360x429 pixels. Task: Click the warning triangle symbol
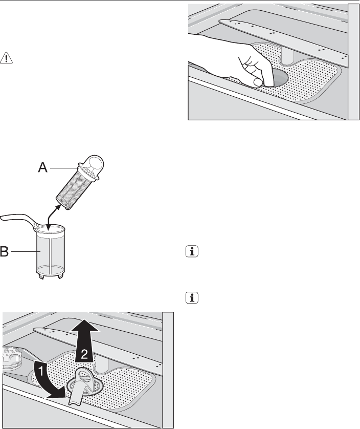click(6, 58)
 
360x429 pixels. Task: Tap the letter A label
click(42, 167)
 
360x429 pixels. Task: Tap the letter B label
click(4, 251)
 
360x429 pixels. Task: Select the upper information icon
click(192, 251)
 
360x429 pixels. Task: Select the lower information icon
click(192, 297)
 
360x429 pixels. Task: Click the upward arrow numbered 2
click(85, 340)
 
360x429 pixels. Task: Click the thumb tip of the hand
click(258, 82)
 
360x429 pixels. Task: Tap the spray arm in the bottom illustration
click(98, 347)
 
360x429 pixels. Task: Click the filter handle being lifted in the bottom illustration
click(81, 385)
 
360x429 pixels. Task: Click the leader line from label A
click(64, 167)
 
